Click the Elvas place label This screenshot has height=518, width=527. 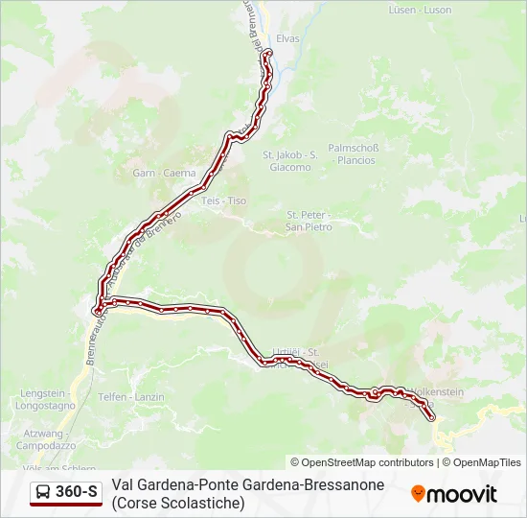coord(287,38)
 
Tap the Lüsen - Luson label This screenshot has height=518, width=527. coord(420,10)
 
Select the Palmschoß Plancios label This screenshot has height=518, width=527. coord(354,153)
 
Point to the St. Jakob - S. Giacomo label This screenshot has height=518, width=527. coord(289,160)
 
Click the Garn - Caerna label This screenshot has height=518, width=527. coord(165,174)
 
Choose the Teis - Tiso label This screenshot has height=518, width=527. coord(224,200)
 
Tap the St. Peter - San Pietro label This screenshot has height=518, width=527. coord(309,221)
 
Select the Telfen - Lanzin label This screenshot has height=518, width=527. coord(126,396)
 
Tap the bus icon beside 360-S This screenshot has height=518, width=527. coord(43,493)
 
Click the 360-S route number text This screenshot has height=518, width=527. coord(77,493)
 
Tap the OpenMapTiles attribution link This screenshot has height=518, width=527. coord(487,462)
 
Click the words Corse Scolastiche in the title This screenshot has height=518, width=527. coord(178,502)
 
